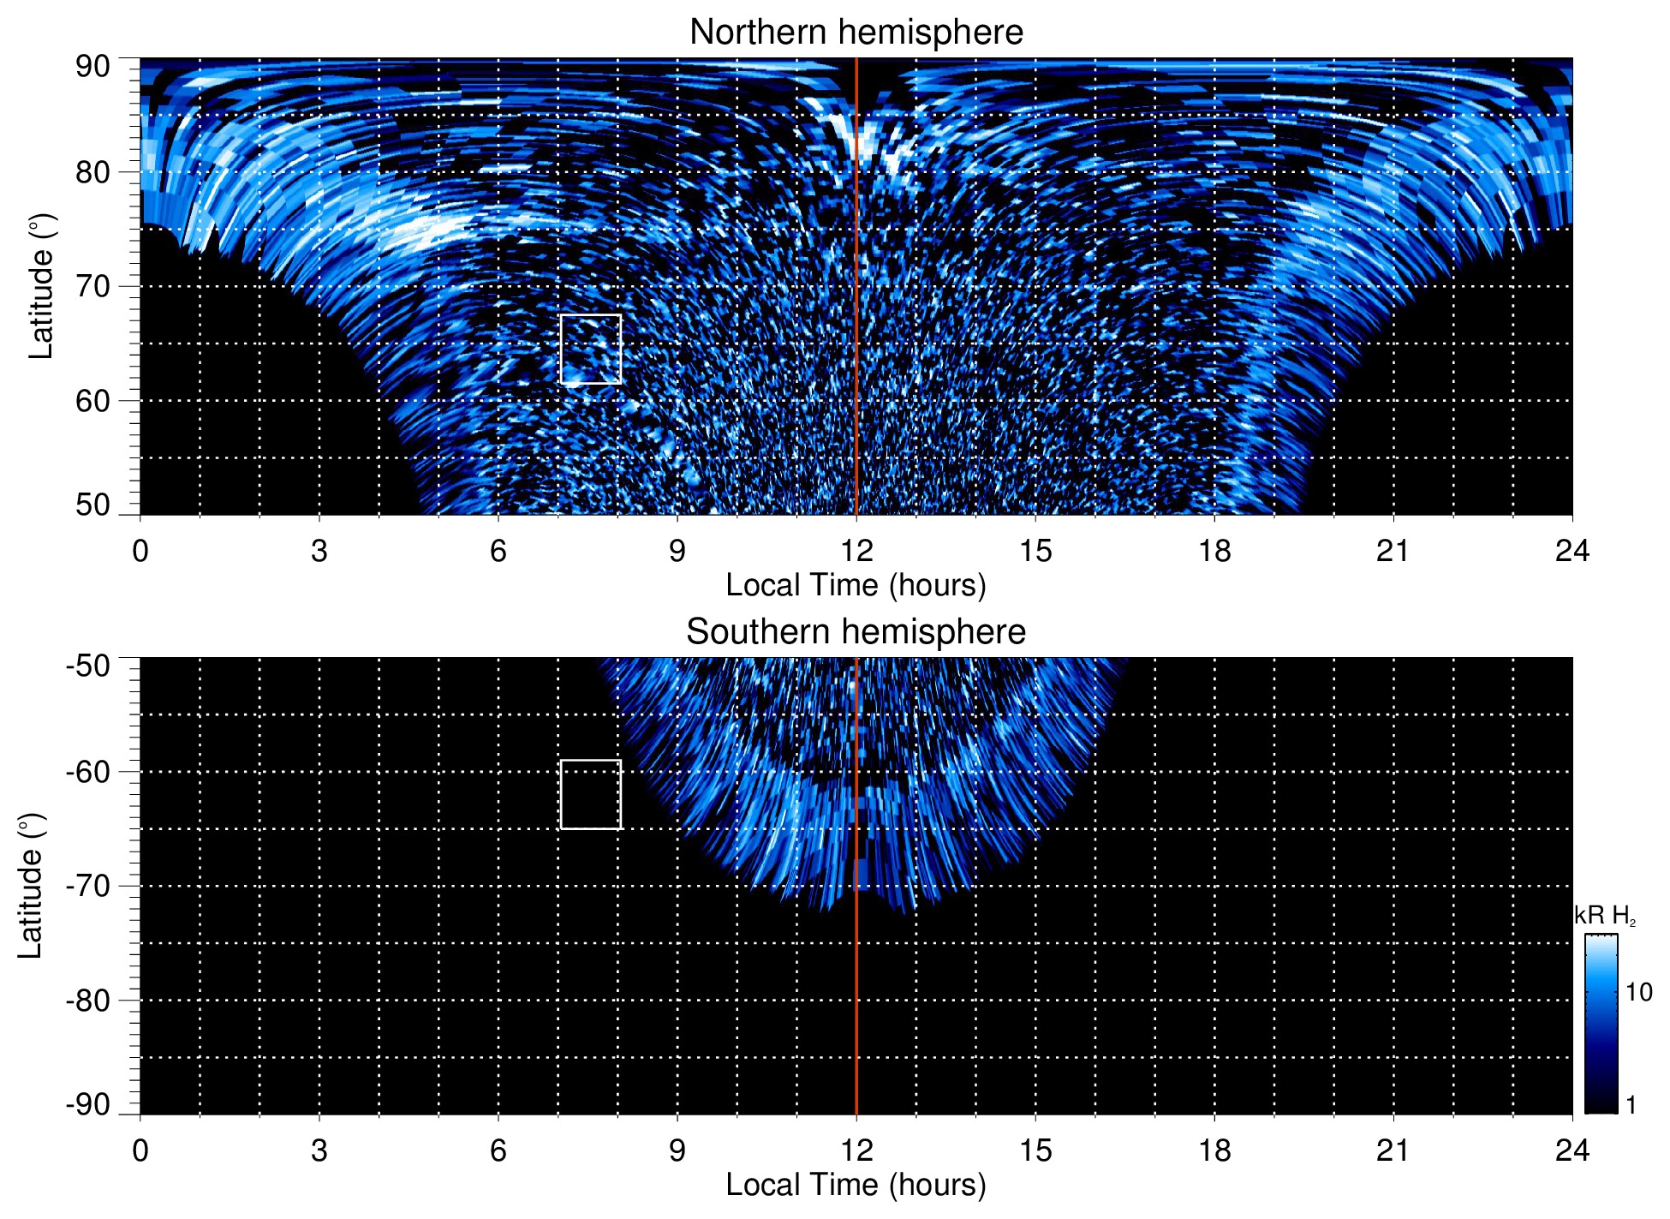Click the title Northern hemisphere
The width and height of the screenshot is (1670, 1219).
pyautogui.click(x=856, y=33)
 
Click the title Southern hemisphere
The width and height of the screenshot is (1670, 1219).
pyautogui.click(x=856, y=632)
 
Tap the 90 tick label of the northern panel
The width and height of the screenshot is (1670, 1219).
pyautogui.click(x=92, y=67)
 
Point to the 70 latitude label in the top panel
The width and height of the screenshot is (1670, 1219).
pyautogui.click(x=92, y=287)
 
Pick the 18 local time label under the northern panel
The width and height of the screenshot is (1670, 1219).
pyautogui.click(x=1214, y=551)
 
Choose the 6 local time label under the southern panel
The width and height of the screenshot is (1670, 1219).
pyautogui.click(x=498, y=1150)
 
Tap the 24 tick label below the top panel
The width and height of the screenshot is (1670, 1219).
pyautogui.click(x=1572, y=551)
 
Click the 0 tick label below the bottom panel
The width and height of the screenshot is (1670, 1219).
pyautogui.click(x=140, y=1150)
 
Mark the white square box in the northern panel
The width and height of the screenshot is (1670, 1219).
pyautogui.click(x=591, y=350)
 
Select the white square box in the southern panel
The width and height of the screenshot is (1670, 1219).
pyautogui.click(x=591, y=795)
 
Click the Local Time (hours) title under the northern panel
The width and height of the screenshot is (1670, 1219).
pyautogui.click(x=856, y=586)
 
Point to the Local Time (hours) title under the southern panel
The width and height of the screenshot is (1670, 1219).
pyautogui.click(x=856, y=1186)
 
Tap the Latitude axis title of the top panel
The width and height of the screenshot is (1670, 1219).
pyautogui.click(x=41, y=287)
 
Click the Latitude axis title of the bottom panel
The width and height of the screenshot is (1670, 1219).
pyautogui.click(x=31, y=887)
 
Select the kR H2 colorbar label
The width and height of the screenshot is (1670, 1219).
pyautogui.click(x=1605, y=916)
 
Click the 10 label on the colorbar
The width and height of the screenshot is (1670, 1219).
pyautogui.click(x=1638, y=993)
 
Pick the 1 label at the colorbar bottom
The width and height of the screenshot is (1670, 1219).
pyautogui.click(x=1631, y=1105)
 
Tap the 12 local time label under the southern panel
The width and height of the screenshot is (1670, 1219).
pyautogui.click(x=856, y=1150)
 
